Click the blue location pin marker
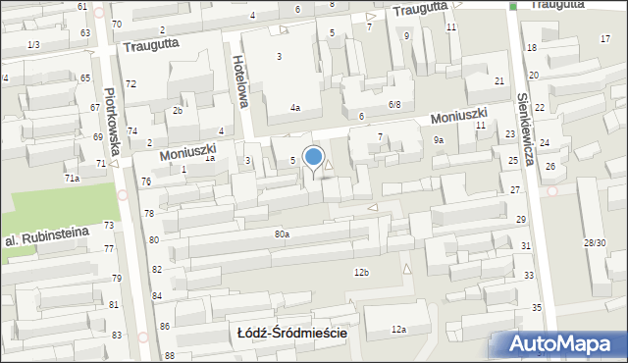pyautogui.click(x=314, y=158)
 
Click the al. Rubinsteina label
pyautogui.click(x=46, y=235)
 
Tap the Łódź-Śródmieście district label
pyautogui.click(x=292, y=333)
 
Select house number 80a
pyautogui.click(x=282, y=233)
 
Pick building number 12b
pyautogui.click(x=361, y=272)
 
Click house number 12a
pyautogui.click(x=398, y=330)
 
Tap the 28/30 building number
pyautogui.click(x=595, y=241)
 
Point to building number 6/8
pyautogui.click(x=394, y=104)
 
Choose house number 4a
pyautogui.click(x=294, y=107)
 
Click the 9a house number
pyautogui.click(x=440, y=140)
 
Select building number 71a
pyautogui.click(x=72, y=178)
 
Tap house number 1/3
pyautogui.click(x=33, y=45)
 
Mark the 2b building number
pyautogui.click(x=178, y=110)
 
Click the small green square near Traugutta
pyautogui.click(x=512, y=7)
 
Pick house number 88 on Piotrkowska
pyautogui.click(x=170, y=355)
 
